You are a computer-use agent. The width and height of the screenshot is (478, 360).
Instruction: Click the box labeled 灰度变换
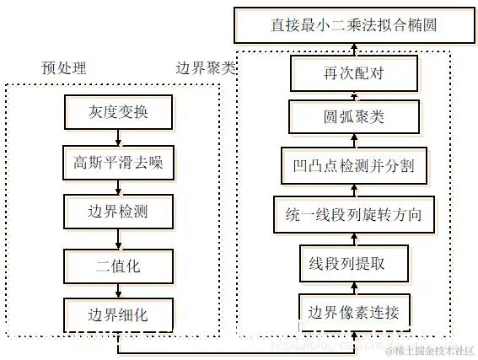point(118,111)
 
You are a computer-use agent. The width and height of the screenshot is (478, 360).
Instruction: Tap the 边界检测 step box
point(118,212)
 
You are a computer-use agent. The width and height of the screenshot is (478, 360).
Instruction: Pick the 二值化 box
point(118,266)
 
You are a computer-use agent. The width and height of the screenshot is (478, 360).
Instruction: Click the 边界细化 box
point(118,314)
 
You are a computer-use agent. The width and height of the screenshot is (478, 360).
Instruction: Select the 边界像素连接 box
point(355,313)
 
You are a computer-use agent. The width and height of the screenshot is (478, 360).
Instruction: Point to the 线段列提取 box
point(354,262)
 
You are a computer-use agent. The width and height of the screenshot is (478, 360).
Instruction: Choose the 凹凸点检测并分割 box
point(354,163)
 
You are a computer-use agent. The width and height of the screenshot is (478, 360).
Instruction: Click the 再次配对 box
point(354,74)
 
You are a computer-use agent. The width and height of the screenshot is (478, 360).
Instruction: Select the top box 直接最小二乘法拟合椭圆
point(354,25)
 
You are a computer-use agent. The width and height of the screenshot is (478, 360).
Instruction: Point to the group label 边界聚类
point(206,67)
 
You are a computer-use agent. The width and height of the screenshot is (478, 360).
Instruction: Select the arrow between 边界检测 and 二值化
point(118,239)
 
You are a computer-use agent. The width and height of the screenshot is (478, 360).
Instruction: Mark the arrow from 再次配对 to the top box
point(354,50)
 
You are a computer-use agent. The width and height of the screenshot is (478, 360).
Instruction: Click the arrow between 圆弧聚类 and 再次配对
point(354,94)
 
